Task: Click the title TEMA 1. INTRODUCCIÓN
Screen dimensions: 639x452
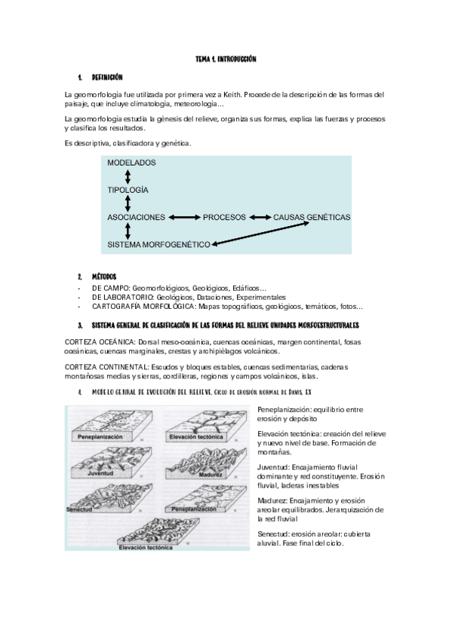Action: click(226, 59)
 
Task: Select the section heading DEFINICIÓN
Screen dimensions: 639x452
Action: click(107, 77)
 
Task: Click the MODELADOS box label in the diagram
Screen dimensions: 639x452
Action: click(131, 163)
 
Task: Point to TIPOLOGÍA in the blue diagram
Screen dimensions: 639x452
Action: click(128, 190)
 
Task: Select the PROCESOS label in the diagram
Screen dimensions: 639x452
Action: click(224, 217)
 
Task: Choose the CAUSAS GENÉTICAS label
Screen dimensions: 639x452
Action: click(312, 217)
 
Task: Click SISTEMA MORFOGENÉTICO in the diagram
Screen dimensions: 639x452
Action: click(158, 245)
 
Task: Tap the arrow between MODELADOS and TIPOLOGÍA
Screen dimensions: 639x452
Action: click(128, 176)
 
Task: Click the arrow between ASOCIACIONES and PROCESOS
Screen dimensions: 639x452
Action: click(183, 217)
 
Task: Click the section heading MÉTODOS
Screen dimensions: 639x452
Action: click(104, 277)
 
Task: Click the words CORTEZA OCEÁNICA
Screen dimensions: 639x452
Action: click(95, 342)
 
